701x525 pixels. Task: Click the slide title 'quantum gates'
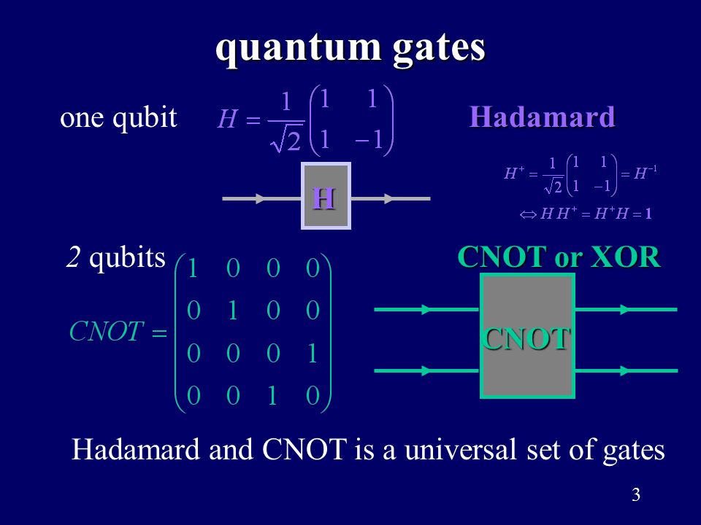coord(350,49)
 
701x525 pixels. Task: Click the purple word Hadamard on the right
coord(542,117)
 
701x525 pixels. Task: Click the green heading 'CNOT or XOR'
coord(559,257)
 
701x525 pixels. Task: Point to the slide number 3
coord(635,496)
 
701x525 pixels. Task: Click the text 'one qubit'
coord(118,117)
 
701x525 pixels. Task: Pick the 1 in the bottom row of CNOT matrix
coord(272,396)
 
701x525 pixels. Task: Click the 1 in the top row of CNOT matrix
coord(192,270)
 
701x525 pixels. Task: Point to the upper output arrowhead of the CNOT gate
coord(626,310)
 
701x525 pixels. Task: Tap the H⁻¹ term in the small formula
coord(646,174)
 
